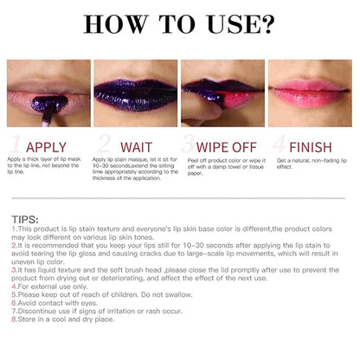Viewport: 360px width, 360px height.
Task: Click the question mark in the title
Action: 267,24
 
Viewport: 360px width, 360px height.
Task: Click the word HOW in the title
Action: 116,24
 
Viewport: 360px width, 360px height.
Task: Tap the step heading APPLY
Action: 46,147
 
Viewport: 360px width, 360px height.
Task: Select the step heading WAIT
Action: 136,147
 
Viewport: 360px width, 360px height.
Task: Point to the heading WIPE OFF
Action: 227,147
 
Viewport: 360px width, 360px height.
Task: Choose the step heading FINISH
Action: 311,147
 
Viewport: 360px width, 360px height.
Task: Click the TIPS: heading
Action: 25,220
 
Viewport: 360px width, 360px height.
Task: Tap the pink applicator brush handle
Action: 46,119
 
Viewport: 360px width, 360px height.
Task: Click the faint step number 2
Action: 104,144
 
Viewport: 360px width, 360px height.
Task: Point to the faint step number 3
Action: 189,144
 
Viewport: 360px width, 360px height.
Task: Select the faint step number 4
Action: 280,144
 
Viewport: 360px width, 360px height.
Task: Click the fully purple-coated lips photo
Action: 136,93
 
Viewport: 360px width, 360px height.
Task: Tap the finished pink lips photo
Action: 310,93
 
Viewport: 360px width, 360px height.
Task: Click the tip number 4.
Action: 14,286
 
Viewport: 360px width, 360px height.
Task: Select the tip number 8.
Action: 14,319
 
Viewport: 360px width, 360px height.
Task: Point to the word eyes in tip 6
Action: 88,304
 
